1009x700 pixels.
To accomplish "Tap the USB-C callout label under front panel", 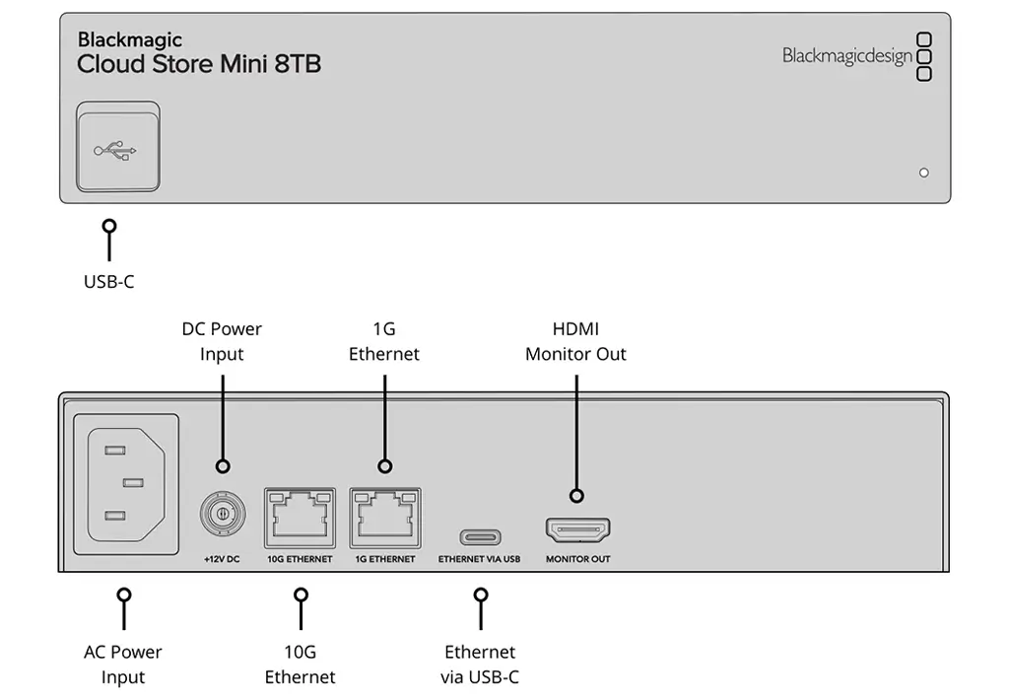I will [x=108, y=282].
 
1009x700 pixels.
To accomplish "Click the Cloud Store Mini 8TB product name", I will [x=199, y=65].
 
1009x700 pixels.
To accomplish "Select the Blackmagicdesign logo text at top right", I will [x=847, y=56].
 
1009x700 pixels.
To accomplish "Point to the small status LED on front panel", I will [x=923, y=173].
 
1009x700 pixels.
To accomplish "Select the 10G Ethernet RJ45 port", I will [x=301, y=517].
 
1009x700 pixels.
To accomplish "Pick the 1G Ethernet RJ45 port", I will [x=384, y=517].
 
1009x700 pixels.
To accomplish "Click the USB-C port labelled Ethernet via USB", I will [x=479, y=536].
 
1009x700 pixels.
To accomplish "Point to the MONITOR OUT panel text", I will [x=578, y=559].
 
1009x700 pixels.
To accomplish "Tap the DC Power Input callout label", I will [x=222, y=341].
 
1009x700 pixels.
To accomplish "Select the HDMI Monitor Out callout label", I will [x=575, y=341].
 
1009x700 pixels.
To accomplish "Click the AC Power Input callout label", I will [x=123, y=665].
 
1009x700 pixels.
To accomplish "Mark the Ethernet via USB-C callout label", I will [x=480, y=665].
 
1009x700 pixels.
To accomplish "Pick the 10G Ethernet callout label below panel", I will [x=301, y=665].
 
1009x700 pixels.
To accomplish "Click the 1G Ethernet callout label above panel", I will [x=384, y=341].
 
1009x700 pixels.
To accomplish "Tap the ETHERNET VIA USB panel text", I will [x=479, y=559].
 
